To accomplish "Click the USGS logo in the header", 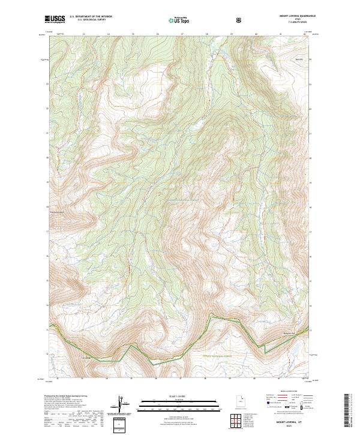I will pyautogui.click(x=55, y=19).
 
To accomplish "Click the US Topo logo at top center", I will pyautogui.click(x=178, y=20).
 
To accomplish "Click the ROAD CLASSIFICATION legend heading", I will pyautogui.click(x=286, y=391).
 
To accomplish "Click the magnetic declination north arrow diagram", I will pyautogui.click(x=122, y=404).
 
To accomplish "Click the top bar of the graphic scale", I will pyautogui.click(x=170, y=400).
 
